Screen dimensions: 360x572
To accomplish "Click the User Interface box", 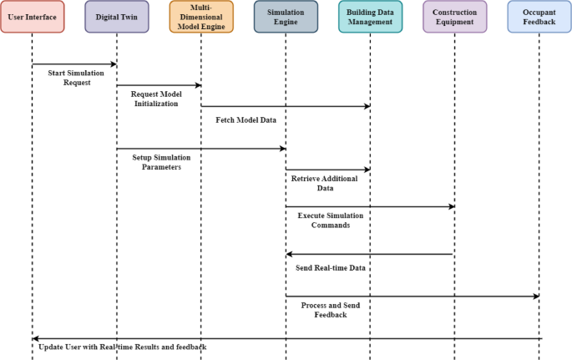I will (32, 17).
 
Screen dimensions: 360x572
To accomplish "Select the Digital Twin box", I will (117, 17).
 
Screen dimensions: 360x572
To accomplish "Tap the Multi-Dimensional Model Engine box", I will (201, 17).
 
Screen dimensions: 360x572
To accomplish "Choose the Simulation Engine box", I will (286, 17).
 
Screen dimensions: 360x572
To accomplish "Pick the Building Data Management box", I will (370, 17).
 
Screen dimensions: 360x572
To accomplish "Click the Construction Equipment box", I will (454, 17).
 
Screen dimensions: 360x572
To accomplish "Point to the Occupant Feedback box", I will (539, 17).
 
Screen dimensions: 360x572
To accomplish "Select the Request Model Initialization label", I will (156, 99).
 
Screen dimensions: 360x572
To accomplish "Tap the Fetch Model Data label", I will (246, 119).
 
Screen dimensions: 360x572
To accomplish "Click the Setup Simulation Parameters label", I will (161, 162).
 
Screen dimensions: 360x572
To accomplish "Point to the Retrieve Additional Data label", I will (324, 184).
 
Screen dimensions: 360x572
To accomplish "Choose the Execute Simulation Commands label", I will (330, 220).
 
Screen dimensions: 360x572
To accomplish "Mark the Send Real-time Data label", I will (331, 268).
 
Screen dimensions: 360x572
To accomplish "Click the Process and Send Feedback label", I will (330, 310).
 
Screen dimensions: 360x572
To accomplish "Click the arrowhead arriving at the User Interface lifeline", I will (36, 338).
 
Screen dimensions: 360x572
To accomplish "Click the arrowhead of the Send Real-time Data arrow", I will (290, 254).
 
